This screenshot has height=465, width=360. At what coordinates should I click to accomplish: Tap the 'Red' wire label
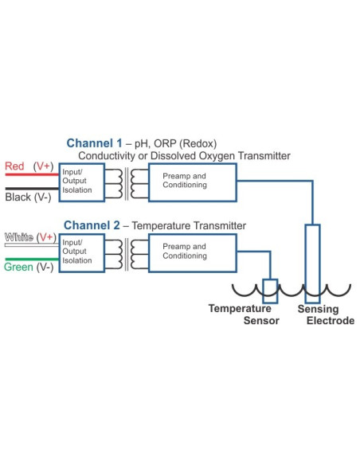(x=14, y=166)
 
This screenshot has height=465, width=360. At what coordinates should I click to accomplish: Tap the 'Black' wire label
(x=17, y=196)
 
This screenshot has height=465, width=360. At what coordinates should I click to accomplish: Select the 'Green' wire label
(x=18, y=267)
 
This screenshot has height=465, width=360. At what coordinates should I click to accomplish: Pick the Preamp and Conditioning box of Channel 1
(x=193, y=181)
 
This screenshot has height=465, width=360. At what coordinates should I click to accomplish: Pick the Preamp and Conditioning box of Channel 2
(x=193, y=252)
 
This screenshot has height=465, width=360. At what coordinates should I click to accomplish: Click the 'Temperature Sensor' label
(x=240, y=315)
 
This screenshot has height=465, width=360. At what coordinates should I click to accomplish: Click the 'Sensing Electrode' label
(x=318, y=315)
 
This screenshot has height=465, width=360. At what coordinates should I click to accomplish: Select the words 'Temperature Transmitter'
(x=189, y=226)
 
